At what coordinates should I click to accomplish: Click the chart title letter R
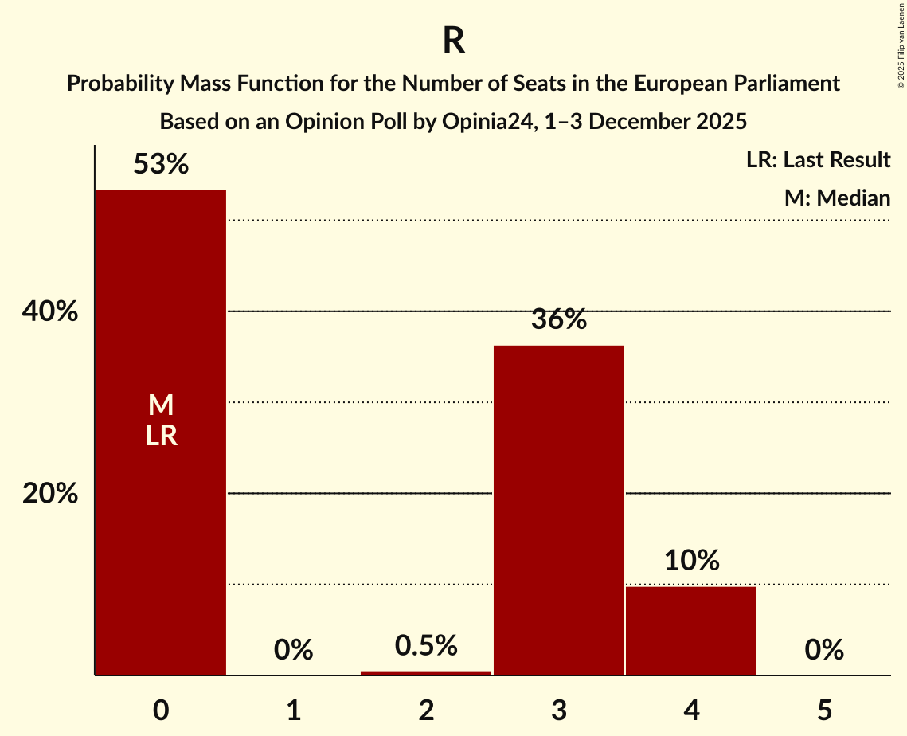pos(453,41)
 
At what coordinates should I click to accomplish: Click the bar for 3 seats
pos(558,510)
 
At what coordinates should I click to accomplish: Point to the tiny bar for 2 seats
pos(426,673)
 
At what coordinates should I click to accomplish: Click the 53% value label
pos(161,165)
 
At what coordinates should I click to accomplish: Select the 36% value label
pos(558,320)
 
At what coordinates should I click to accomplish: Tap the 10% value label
pos(691,561)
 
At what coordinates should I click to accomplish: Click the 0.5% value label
pos(426,646)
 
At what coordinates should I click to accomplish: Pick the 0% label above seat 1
pos(293,651)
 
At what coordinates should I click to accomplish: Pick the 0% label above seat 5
pos(823,651)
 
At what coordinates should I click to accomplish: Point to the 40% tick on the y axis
pos(50,312)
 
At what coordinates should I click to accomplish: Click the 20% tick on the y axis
pos(50,494)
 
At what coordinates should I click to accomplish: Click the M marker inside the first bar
pos(161,405)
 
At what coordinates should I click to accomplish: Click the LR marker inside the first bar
pos(161,436)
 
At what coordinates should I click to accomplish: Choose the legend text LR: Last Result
pos(818,160)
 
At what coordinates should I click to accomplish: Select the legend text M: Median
pos(836,198)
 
